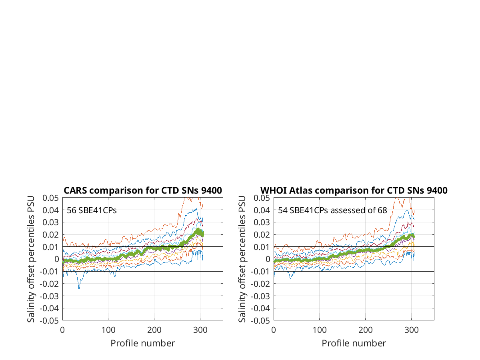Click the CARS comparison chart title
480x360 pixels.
142,190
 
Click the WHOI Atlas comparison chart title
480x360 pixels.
354,190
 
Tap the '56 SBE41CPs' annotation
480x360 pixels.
92,210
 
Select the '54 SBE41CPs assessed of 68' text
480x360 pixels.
332,210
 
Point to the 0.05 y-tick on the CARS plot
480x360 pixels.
50,198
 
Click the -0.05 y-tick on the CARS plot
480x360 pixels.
49,321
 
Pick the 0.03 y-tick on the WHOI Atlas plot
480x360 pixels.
262,222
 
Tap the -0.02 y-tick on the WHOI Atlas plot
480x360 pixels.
260,284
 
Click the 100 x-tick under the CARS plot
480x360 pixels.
108,330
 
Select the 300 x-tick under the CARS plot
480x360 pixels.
200,330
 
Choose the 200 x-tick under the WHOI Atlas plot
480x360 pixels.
366,330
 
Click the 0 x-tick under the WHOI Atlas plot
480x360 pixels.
274,330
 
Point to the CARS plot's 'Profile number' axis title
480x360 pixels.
142,343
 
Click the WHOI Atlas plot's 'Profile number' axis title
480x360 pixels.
354,343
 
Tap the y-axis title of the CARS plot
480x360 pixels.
31,259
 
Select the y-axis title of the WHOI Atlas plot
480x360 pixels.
242,259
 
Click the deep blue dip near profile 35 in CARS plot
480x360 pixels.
79,289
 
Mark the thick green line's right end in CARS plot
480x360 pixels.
202,234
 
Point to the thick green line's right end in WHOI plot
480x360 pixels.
414,236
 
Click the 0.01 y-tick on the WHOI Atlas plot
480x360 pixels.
262,247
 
